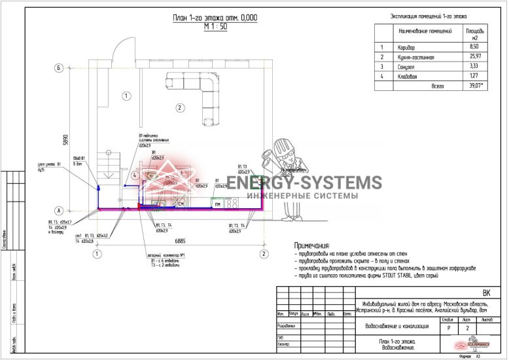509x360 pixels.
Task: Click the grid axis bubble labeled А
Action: coord(58,211)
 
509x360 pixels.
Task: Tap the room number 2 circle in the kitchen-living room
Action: coord(177,107)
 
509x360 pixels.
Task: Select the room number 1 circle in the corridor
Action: coord(125,96)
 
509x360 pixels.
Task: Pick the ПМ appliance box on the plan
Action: coord(217,205)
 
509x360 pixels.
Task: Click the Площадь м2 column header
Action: coord(475,34)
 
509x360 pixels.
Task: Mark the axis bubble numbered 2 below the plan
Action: coord(263,253)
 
